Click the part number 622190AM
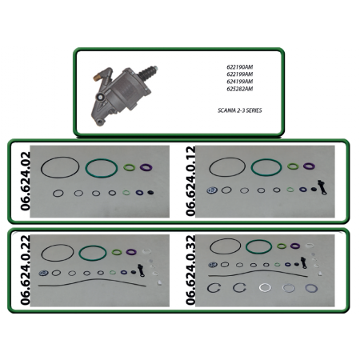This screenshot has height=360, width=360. [x=240, y=67]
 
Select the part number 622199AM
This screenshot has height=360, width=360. [x=240, y=74]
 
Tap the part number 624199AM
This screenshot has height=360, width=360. [x=240, y=82]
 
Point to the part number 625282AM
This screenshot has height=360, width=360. [x=240, y=89]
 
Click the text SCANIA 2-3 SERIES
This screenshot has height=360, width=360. [x=240, y=110]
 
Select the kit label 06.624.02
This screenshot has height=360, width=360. [x=26, y=182]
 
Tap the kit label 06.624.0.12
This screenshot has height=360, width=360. [x=190, y=182]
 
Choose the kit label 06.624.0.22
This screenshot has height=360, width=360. [x=26, y=270]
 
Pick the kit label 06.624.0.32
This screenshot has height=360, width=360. [x=190, y=270]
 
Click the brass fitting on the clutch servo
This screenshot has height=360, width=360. [x=97, y=78]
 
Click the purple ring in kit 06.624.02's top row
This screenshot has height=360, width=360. [x=146, y=167]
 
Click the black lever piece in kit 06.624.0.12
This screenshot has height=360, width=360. [x=322, y=187]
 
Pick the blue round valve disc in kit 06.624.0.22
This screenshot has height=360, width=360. [x=44, y=273]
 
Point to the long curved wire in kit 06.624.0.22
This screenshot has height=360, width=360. [x=92, y=279]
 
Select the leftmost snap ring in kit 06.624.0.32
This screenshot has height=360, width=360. [x=208, y=288]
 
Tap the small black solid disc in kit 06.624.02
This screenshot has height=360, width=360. [x=150, y=193]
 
